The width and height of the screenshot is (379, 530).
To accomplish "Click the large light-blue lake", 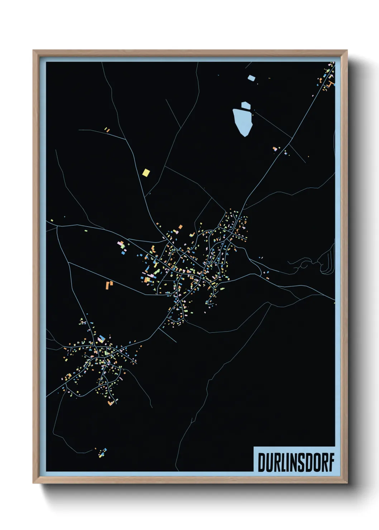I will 243,122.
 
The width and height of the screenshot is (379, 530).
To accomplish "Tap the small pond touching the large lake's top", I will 246,105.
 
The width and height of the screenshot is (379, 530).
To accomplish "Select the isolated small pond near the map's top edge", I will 251,77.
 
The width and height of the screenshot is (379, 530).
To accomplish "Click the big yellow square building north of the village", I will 146,173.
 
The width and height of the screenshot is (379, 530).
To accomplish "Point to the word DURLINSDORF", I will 296,462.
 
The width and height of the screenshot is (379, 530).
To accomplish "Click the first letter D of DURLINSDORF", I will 262,463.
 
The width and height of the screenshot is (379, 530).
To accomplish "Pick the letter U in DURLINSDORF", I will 269,463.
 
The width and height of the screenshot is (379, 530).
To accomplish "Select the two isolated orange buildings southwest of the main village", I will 109,285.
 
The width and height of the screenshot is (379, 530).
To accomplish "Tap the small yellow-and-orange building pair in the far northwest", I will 107,130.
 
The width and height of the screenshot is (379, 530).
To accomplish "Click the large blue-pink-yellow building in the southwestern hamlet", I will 101,339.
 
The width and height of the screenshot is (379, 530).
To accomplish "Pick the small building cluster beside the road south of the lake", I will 275,149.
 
